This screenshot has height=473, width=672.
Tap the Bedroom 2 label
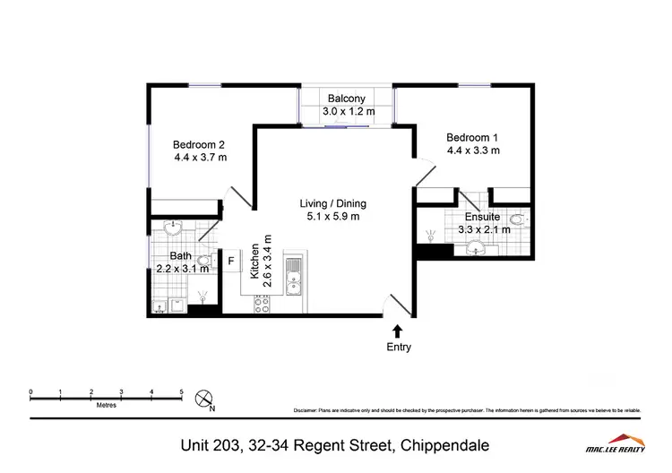[199, 144]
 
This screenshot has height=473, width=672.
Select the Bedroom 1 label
[472, 137]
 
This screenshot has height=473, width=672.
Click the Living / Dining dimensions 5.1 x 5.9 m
[332, 216]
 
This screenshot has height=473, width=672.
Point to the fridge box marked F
[231, 262]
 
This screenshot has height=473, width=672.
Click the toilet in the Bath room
[160, 306]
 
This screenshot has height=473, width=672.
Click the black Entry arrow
[398, 331]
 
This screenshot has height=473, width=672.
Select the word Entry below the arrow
[398, 347]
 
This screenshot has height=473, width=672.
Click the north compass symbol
[205, 396]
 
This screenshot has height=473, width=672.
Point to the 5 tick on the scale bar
[182, 392]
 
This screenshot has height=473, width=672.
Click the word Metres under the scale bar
[106, 405]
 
